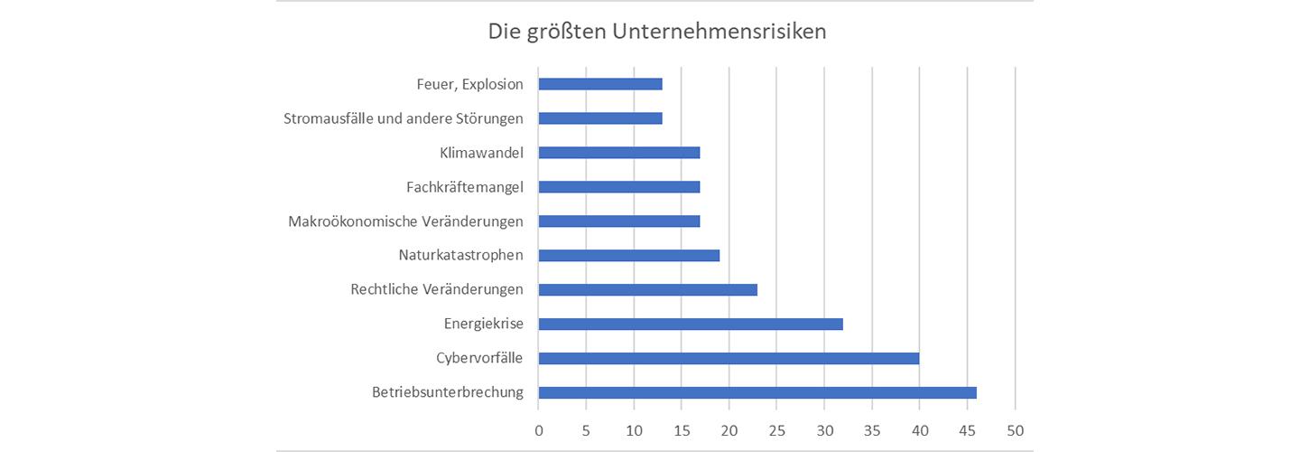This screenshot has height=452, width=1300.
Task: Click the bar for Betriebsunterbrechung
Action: (x=757, y=392)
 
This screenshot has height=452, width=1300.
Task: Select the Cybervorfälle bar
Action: (x=729, y=358)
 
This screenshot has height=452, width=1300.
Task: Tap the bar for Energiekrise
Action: (x=691, y=324)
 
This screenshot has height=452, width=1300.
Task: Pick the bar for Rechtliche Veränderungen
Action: (x=647, y=289)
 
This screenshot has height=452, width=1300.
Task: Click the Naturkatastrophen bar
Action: (x=628, y=255)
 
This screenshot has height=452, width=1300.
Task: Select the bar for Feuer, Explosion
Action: (x=600, y=84)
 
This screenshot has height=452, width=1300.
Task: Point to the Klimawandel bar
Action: (x=619, y=153)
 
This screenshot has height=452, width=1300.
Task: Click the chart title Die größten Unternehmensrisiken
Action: (x=657, y=32)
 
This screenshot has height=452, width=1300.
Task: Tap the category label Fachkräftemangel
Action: (x=465, y=187)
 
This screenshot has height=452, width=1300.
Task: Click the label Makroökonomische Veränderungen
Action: (x=405, y=221)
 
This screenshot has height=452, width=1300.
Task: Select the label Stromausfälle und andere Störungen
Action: (x=404, y=118)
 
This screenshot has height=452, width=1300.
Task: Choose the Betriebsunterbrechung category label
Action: (x=448, y=392)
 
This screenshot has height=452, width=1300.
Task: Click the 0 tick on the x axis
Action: (x=539, y=430)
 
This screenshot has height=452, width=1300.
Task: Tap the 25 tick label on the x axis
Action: (x=776, y=430)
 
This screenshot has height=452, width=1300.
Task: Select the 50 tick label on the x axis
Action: (x=1015, y=430)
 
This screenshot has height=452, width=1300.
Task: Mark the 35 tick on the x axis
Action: (x=872, y=430)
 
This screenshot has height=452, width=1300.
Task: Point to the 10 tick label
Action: (x=634, y=430)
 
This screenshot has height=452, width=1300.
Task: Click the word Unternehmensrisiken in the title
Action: (x=720, y=32)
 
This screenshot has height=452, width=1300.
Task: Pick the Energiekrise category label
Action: (x=484, y=324)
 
